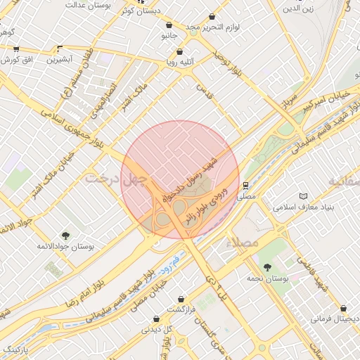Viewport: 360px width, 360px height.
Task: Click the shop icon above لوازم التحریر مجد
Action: point(213,16)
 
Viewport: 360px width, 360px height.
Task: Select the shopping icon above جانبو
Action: point(169,25)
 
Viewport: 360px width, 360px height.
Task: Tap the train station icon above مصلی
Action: point(245,186)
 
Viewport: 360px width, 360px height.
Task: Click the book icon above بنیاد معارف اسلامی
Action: point(303,196)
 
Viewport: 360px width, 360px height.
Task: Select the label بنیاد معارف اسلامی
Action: point(306,208)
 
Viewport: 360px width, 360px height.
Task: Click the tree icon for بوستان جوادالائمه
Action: point(65,235)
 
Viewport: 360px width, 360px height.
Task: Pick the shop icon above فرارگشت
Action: point(181,298)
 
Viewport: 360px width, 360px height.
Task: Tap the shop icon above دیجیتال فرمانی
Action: point(342,308)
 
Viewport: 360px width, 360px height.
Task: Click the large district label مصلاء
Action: point(243,242)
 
